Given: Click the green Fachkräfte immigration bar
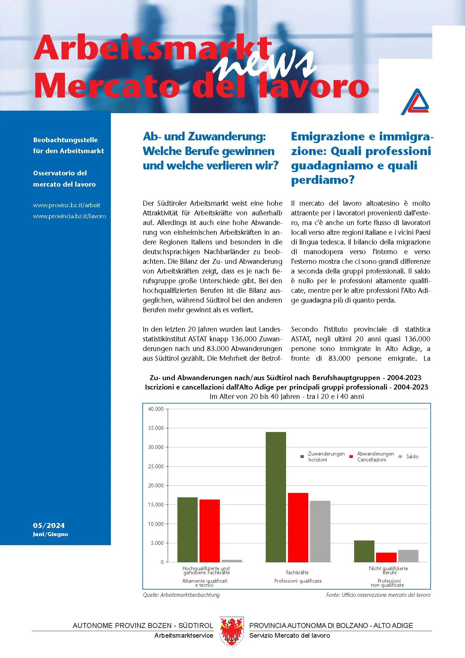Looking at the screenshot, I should click(275, 497).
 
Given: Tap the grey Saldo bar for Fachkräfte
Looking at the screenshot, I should click(320, 531).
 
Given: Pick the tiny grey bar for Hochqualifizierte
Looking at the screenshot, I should click(232, 561).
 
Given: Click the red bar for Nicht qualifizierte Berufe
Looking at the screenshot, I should click(386, 557).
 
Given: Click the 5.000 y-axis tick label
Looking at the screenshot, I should click(157, 543).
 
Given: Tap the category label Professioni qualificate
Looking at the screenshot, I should click(298, 581).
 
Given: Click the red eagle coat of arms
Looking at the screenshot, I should click(231, 631).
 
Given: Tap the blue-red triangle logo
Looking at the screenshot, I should click(415, 102).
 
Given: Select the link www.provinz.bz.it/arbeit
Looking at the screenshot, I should click(67, 205).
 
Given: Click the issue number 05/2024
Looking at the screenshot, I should click(49, 525).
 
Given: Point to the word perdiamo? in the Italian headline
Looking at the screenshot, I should click(323, 180).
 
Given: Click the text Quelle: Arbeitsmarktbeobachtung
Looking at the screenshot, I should click(181, 595).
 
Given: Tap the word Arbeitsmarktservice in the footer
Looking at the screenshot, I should click(184, 635).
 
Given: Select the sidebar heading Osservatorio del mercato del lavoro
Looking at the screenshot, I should click(64, 178).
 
